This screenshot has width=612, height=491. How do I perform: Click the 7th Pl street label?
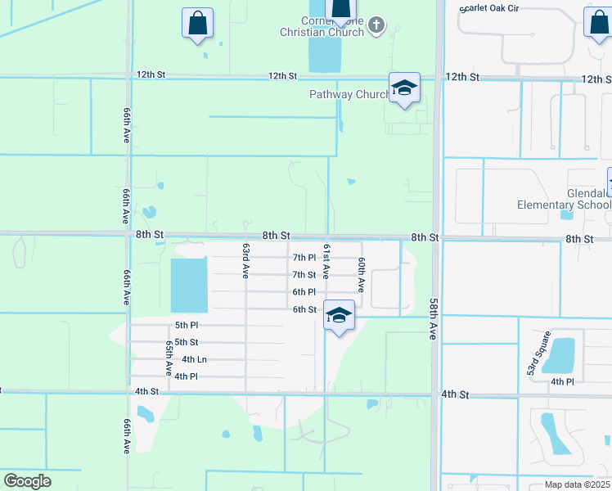tap(304, 258)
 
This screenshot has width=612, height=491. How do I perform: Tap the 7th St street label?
tap(304, 275)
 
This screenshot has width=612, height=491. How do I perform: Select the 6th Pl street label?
tap(304, 292)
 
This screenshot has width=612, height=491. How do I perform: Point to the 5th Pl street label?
tap(187, 325)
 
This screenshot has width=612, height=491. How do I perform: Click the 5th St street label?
tap(187, 342)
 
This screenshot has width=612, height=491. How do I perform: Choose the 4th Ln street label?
tap(194, 359)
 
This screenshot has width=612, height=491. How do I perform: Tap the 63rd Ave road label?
tap(245, 260)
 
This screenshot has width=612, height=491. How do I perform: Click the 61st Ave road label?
tap(326, 260)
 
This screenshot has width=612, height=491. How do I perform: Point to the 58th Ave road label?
tap(434, 318)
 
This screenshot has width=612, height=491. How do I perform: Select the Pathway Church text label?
tap(349, 95)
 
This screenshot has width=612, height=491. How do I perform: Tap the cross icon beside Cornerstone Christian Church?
tap(376, 25)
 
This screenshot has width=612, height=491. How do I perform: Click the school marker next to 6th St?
tap(339, 315)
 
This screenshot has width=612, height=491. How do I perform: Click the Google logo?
tap(27, 481)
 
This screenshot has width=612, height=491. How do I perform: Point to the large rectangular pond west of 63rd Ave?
tap(189, 285)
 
